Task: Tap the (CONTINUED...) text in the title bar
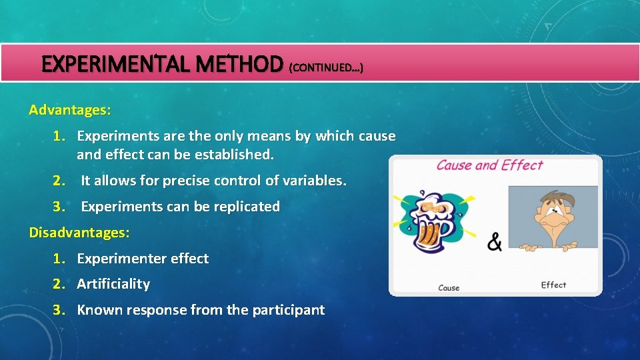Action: point(326,67)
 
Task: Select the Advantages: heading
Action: point(70,109)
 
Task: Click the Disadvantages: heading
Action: point(79,233)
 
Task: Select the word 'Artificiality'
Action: point(113,284)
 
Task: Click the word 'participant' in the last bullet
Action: point(288,310)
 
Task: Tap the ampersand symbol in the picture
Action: point(495,242)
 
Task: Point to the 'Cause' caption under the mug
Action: point(449,288)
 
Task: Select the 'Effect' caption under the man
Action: point(553,285)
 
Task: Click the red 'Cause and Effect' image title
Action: point(489,165)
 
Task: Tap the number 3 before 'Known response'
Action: point(59,310)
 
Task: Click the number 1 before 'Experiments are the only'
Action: point(59,137)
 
